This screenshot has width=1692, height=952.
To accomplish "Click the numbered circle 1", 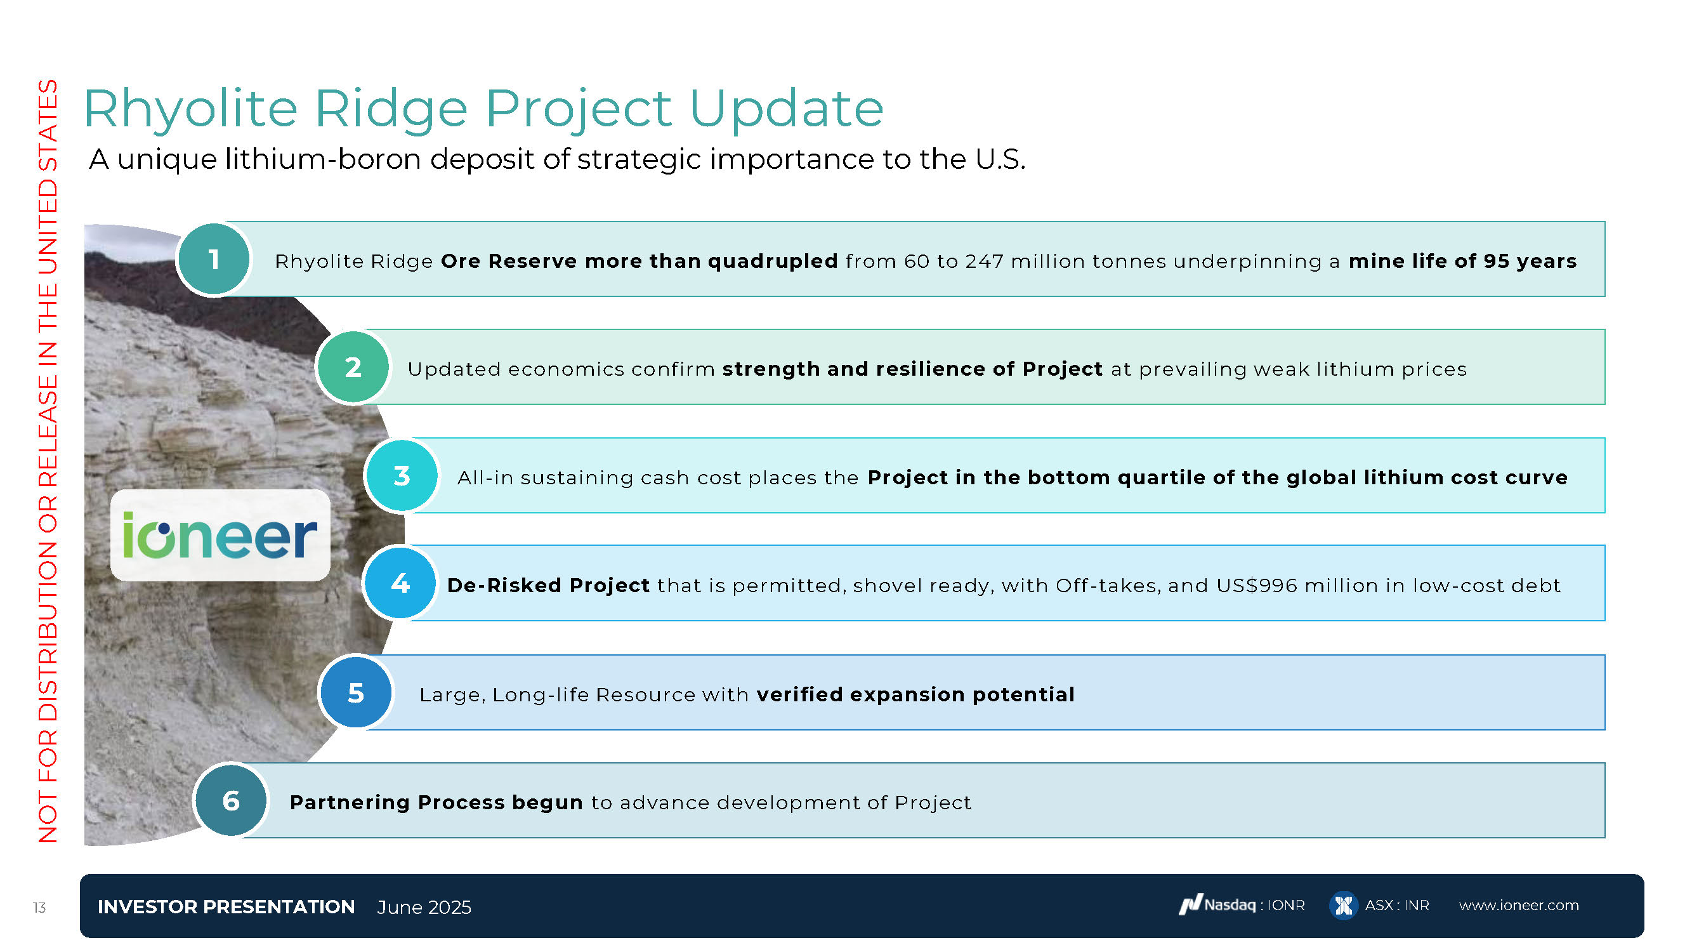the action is pyautogui.click(x=213, y=260).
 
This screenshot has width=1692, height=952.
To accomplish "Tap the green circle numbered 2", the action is pyautogui.click(x=353, y=367).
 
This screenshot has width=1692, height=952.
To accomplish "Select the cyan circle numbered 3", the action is pyautogui.click(x=402, y=475).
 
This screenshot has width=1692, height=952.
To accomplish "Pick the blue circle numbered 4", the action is pyautogui.click(x=400, y=583).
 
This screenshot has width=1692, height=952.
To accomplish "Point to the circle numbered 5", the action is pyautogui.click(x=355, y=692).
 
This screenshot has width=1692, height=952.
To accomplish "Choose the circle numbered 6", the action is pyautogui.click(x=230, y=800).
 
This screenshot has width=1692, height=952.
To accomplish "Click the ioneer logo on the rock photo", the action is pyautogui.click(x=220, y=536).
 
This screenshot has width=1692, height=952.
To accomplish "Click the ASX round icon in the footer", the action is pyautogui.click(x=1343, y=906).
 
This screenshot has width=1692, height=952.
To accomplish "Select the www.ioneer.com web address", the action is pyautogui.click(x=1519, y=906).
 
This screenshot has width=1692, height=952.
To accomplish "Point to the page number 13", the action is pyautogui.click(x=39, y=908).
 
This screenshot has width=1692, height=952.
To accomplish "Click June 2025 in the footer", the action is pyautogui.click(x=424, y=908).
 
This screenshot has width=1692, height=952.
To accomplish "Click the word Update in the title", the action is pyautogui.click(x=786, y=110).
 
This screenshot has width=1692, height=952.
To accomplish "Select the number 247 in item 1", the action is pyautogui.click(x=985, y=261).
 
